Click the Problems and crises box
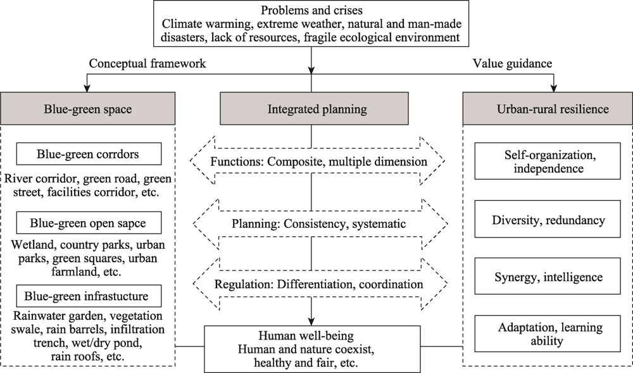[311, 23]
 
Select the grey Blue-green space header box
[87, 108]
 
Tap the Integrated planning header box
[314, 108]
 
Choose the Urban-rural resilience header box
[548, 108]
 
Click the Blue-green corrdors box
[89, 154]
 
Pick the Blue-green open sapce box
[89, 223]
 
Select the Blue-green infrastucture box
[89, 296]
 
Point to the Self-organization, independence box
[548, 161]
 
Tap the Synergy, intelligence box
[548, 276]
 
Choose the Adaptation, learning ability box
[548, 334]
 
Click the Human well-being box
[312, 349]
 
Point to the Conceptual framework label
[147, 64]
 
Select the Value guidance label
[512, 63]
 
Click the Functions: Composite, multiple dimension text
[318, 161]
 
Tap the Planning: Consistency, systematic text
[318, 224]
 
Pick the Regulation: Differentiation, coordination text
[318, 284]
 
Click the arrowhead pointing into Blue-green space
[86, 89]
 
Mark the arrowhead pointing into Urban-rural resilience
[554, 89]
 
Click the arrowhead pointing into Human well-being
[311, 321]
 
